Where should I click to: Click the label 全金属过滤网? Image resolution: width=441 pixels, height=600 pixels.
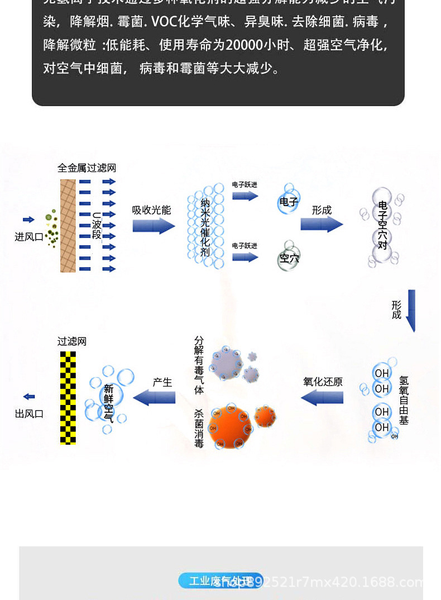tap(87, 168)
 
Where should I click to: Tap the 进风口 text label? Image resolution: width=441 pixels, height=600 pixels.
tap(29, 237)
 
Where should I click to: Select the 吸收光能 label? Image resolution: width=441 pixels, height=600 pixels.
tap(152, 210)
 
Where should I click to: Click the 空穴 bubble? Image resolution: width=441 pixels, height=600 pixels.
tap(289, 259)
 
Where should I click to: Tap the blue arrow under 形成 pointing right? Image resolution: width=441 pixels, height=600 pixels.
tap(322, 224)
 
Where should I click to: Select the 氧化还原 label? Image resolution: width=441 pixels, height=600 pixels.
tap(323, 382)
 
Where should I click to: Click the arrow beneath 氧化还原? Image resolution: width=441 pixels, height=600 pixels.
tap(322, 398)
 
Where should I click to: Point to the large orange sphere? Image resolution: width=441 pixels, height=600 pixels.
tap(229, 427)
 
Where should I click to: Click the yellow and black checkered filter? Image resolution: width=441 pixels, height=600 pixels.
tap(68, 398)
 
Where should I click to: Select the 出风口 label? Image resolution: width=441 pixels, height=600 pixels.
tap(29, 414)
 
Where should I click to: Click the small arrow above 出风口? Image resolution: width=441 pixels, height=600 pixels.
tap(29, 397)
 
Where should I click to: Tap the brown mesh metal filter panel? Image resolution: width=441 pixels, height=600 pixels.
tap(68, 226)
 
